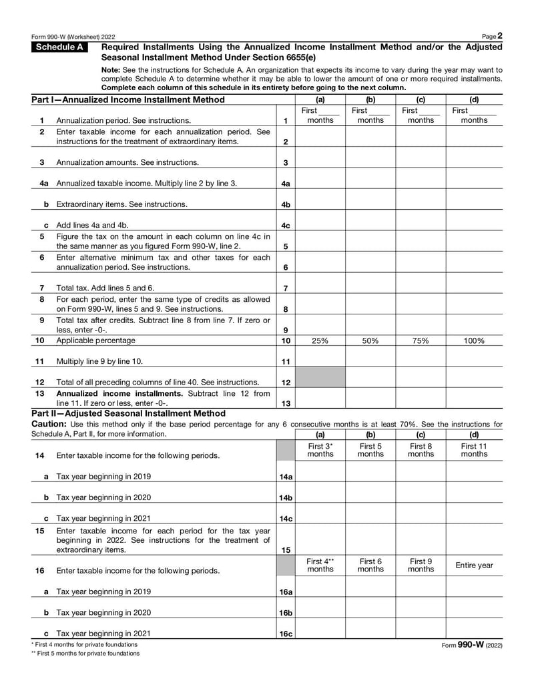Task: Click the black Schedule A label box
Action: (x=63, y=47)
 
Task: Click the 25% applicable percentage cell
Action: (x=320, y=340)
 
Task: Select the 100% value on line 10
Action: (x=474, y=340)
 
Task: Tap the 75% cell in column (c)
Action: (x=421, y=340)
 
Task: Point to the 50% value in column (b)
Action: (x=370, y=340)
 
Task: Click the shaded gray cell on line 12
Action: (x=320, y=377)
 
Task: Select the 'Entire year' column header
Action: (x=474, y=565)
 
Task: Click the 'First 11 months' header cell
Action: (x=474, y=450)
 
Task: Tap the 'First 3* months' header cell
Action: (x=320, y=450)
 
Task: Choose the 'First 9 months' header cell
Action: (x=421, y=565)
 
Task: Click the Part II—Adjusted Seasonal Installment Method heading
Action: (x=128, y=413)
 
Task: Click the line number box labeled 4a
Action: (x=285, y=184)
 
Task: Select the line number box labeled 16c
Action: (x=285, y=634)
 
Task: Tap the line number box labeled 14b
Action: (x=285, y=497)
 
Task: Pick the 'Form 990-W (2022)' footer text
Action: (x=472, y=645)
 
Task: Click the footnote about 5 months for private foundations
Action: (x=85, y=654)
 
